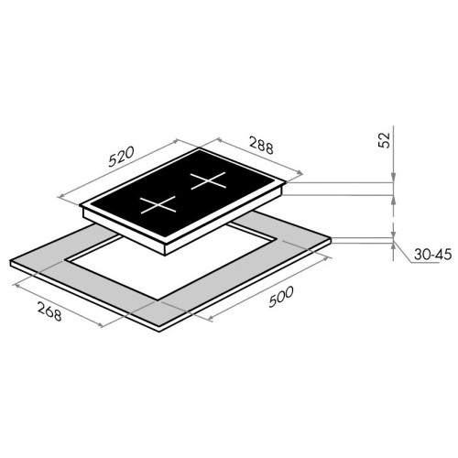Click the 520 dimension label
click(121, 157)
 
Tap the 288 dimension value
click(261, 145)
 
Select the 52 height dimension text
click(385, 140)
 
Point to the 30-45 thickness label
click(432, 255)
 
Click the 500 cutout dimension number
click(281, 296)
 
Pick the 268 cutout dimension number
click(49, 311)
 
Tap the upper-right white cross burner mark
click(208, 180)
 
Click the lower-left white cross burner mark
click(158, 204)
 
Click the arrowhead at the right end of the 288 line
click(300, 173)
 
